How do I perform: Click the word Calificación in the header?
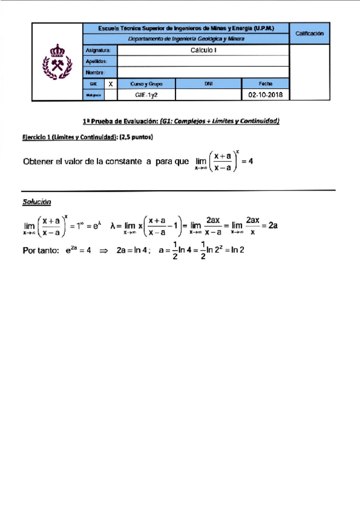pyautogui.click(x=310, y=34)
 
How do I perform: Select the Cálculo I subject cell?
pyautogui.click(x=203, y=51)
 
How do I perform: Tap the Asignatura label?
pyautogui.click(x=97, y=51)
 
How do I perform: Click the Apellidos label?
pyautogui.click(x=97, y=61)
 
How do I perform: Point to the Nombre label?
pyautogui.click(x=96, y=73)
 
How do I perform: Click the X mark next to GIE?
pyautogui.click(x=111, y=84)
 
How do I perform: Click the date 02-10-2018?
pyautogui.click(x=265, y=95)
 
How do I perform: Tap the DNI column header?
pyautogui.click(x=208, y=84)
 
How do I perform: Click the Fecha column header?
pyautogui.click(x=265, y=84)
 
